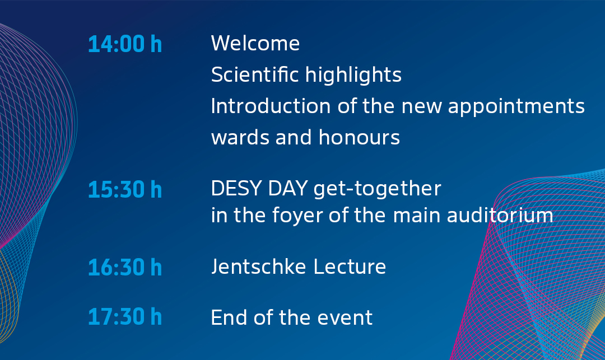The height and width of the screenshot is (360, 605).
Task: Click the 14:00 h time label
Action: pos(125,44)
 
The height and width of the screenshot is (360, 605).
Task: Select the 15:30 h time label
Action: pos(125,190)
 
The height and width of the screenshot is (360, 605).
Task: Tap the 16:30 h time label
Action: pos(125,267)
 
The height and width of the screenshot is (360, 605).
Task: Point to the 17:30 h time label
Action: pos(125,316)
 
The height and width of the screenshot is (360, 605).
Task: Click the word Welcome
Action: pos(255,43)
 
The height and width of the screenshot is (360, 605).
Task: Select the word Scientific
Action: pos(255,74)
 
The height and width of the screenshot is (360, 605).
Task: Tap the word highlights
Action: pos(353,75)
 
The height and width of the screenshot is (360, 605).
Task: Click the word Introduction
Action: pos(271,106)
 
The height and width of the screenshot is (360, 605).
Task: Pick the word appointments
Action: pos(516,107)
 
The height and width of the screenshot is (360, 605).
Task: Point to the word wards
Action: pos(240,137)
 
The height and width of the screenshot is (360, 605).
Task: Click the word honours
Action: pos(359,137)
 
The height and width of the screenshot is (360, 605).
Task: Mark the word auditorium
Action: pos(500,215)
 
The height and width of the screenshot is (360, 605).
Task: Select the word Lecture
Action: pos(350,267)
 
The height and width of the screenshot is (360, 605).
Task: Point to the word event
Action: pos(345,318)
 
